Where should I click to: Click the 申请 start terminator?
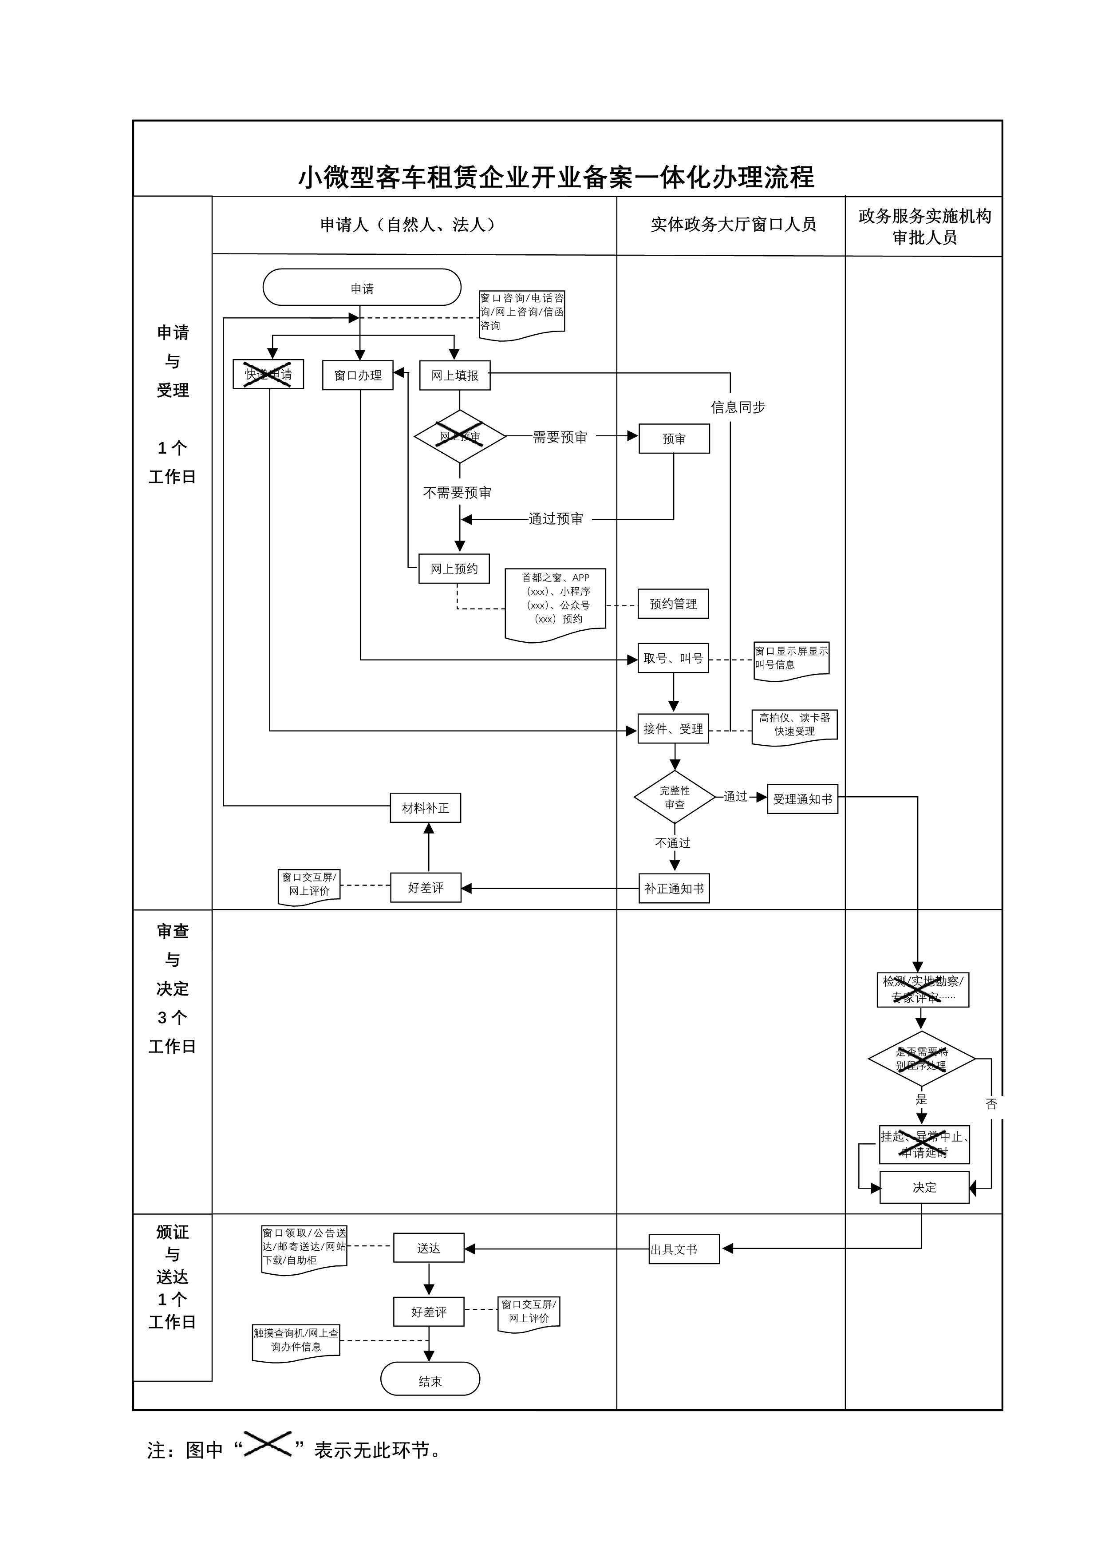[362, 288]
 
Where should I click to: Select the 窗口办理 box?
[358, 375]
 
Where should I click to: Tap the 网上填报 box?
[455, 375]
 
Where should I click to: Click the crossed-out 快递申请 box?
[268, 374]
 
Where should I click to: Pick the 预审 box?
[674, 439]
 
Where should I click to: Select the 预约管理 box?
[673, 604]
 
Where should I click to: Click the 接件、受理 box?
[673, 729]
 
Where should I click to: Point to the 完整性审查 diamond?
[675, 798]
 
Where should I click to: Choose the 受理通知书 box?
[803, 799]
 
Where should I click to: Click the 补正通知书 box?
[675, 889]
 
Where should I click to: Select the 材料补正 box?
[426, 808]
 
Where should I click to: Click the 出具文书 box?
[684, 1249]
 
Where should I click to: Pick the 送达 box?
[429, 1248]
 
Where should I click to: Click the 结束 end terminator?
[430, 1381]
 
